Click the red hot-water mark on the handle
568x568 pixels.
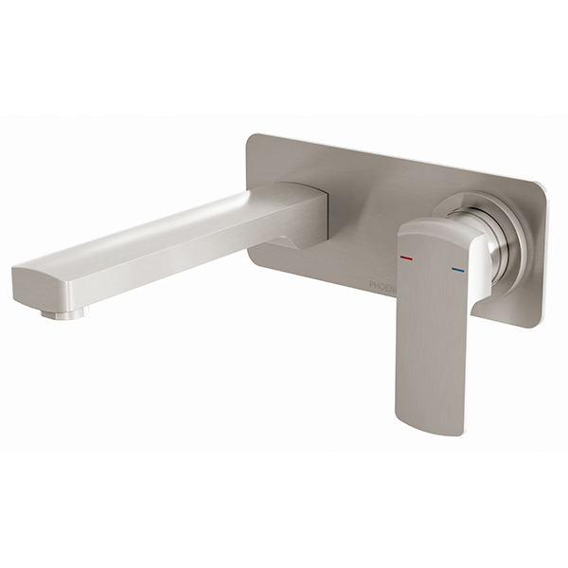point(405,257)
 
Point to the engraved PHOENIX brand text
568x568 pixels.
point(382,282)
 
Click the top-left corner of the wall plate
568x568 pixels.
point(250,137)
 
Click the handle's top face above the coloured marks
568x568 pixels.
point(435,234)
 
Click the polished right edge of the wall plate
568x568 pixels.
point(543,256)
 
